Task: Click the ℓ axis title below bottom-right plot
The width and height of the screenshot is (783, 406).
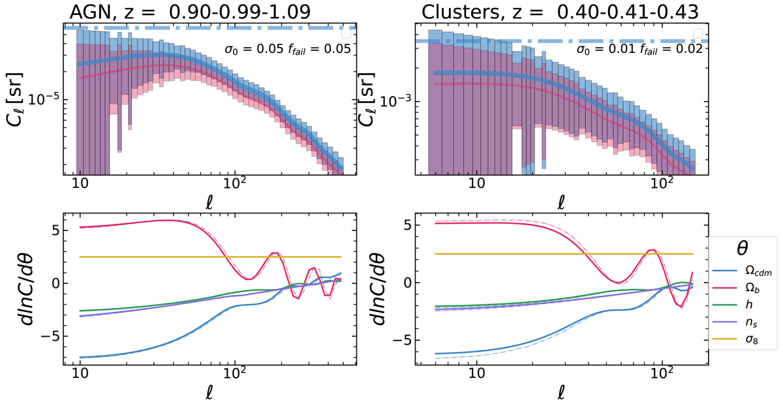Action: click(562, 394)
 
